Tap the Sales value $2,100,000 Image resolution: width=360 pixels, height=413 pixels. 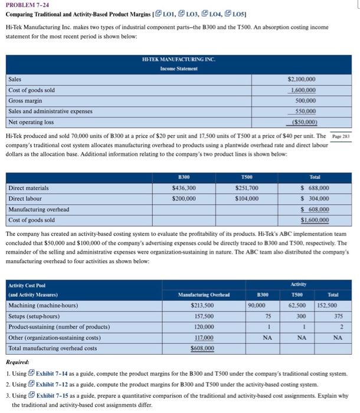point(301,79)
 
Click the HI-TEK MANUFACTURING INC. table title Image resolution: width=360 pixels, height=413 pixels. point(179,60)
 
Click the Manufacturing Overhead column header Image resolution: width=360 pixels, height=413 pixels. point(204,294)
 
